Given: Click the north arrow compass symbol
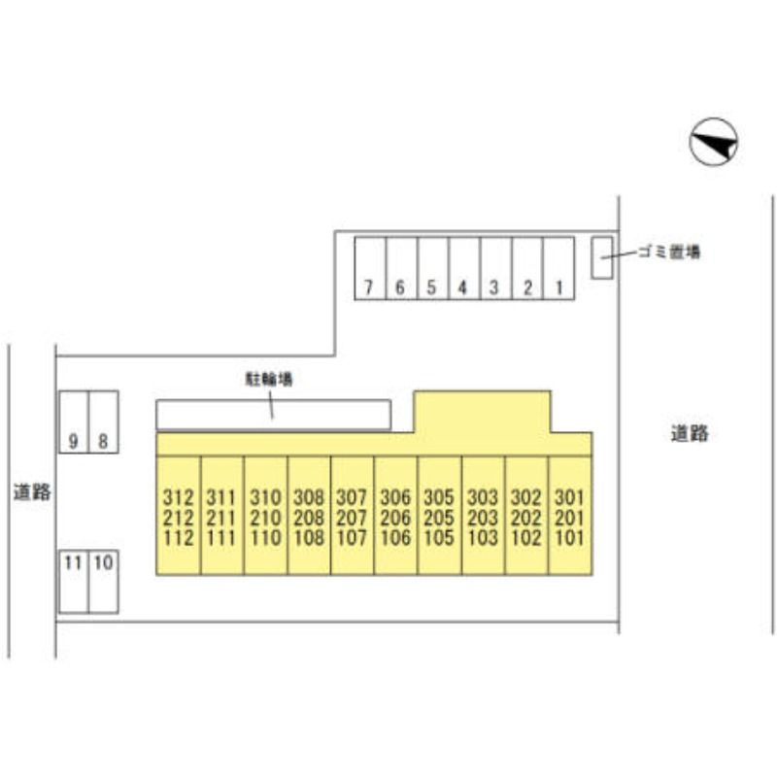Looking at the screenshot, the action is click(714, 142).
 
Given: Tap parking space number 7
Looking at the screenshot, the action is click(370, 269).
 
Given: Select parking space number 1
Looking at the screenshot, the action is click(559, 269).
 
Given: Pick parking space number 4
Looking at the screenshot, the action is click(464, 269).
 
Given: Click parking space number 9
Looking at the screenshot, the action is click(74, 422).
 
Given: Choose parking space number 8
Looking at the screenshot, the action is click(104, 422).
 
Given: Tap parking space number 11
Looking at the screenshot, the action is click(74, 581).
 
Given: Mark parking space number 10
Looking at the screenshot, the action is click(104, 581).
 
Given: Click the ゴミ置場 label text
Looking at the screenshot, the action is click(669, 252).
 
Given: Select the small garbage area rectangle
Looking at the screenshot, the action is click(601, 257).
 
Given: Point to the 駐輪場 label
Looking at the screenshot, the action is click(270, 379).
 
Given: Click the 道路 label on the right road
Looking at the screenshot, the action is click(690, 433).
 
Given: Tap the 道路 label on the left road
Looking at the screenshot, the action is click(32, 491).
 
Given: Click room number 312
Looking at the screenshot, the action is click(179, 497).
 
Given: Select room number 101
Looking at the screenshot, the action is click(570, 538).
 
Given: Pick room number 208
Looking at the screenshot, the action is click(309, 518).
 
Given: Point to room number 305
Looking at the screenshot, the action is click(439, 497).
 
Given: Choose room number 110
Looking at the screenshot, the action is click(265, 538).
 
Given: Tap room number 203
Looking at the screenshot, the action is click(483, 518).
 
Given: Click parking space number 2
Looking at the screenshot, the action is click(527, 269).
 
